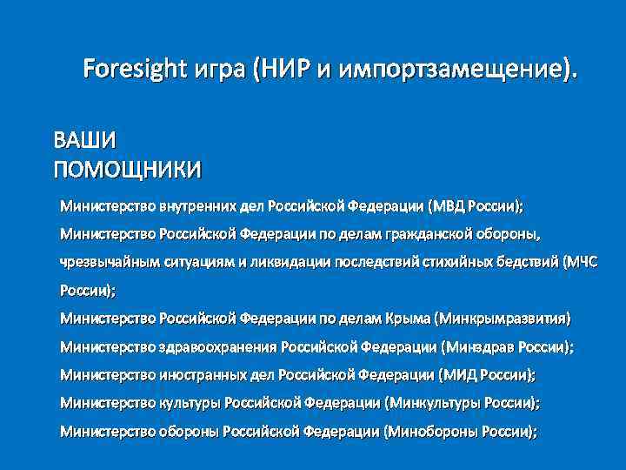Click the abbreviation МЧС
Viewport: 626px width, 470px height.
(x=580, y=261)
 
